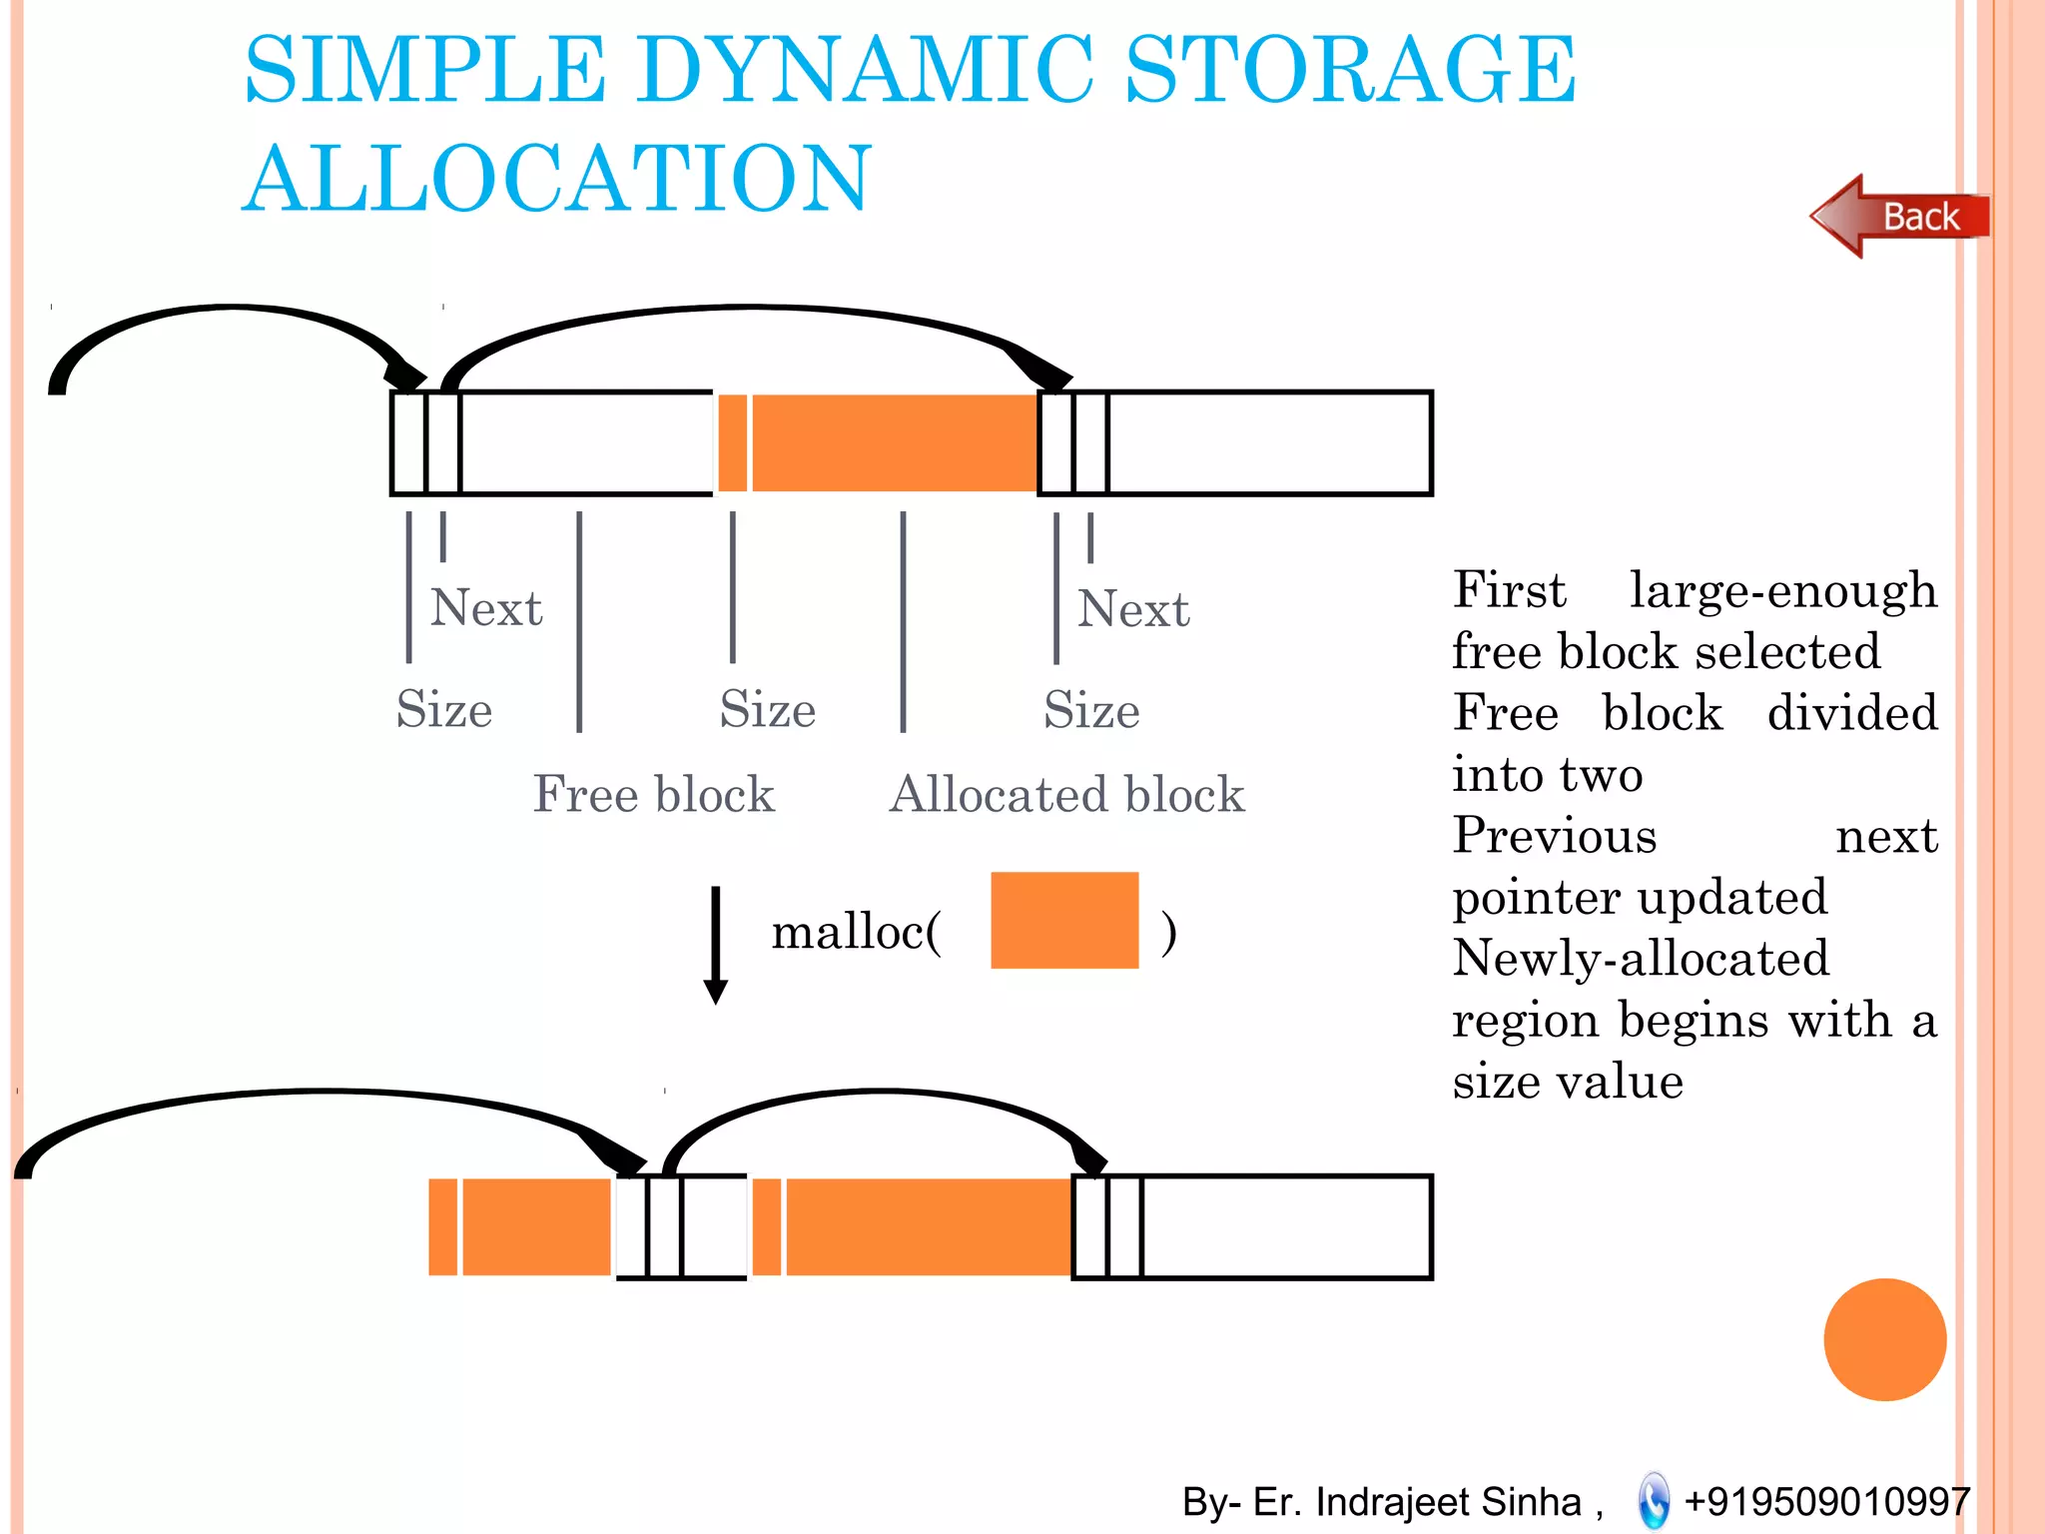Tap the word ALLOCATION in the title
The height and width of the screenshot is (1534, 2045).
click(557, 179)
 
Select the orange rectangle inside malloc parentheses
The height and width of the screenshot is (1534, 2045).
click(1063, 920)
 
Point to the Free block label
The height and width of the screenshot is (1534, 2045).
click(653, 795)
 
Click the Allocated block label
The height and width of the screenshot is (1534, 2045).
click(1066, 795)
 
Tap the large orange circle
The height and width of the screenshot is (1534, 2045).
click(1884, 1339)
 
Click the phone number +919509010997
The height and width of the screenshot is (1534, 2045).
click(1826, 1501)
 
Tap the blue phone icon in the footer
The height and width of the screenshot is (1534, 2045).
click(1654, 1500)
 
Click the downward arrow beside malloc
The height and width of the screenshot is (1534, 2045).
click(715, 944)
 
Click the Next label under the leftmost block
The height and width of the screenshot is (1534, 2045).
click(486, 608)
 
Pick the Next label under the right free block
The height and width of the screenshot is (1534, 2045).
click(1133, 609)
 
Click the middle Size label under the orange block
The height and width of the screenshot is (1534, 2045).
click(767, 710)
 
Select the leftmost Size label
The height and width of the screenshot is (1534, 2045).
click(443, 710)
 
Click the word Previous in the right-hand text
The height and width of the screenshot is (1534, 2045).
click(1554, 836)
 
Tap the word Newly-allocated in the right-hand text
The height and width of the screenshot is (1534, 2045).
click(1640, 959)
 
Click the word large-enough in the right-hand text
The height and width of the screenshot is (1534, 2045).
click(1782, 590)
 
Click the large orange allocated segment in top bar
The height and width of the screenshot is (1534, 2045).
click(894, 442)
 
